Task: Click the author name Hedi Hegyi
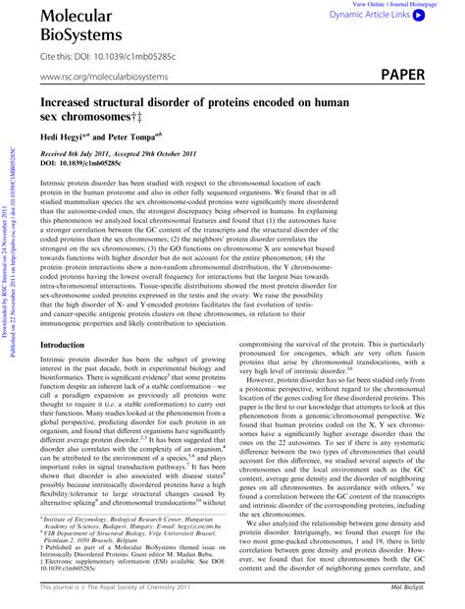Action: tap(67, 137)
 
